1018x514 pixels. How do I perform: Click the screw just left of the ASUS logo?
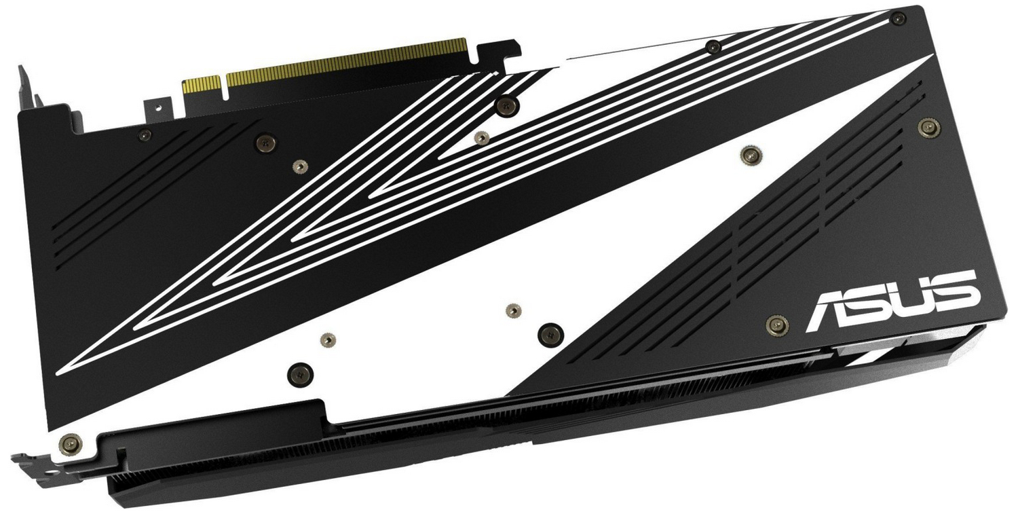(x=777, y=325)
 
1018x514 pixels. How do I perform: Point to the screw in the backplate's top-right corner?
(x=898, y=18)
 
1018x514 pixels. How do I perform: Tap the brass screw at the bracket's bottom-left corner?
(x=71, y=445)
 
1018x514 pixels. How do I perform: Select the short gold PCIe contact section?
(x=202, y=86)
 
